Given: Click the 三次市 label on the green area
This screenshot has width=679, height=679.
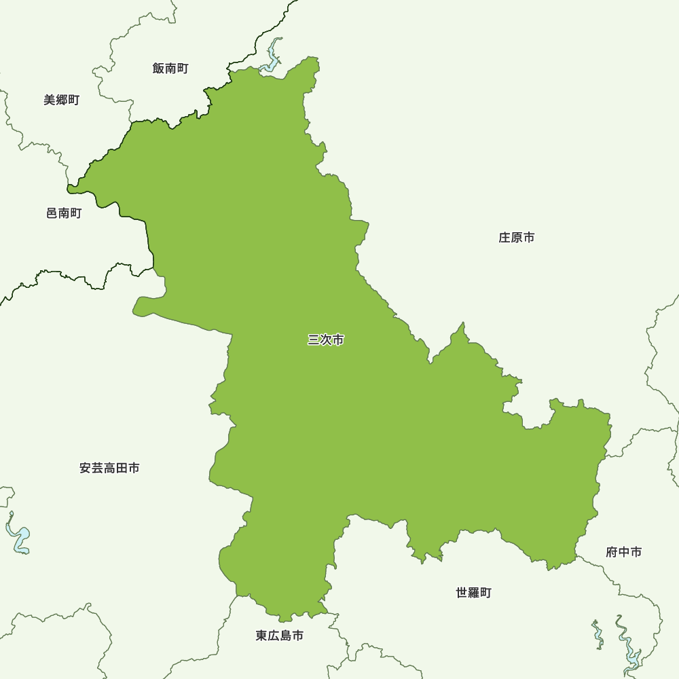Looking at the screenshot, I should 326,339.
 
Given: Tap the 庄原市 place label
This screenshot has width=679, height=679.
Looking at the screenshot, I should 517,238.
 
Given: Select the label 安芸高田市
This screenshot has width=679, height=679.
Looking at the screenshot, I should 109,468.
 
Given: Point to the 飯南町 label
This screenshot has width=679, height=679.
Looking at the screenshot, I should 170,68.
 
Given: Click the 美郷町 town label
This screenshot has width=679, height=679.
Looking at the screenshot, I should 62,100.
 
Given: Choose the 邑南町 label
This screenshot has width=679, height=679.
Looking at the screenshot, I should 64,213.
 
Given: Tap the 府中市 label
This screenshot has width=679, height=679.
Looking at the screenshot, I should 623,552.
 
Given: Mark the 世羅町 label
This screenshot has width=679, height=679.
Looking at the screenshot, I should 473,593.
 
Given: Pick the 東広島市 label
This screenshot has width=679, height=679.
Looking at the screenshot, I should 280,636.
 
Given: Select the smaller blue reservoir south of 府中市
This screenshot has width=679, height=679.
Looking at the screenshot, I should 598,635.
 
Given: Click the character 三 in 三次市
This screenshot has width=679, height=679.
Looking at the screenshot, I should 314,339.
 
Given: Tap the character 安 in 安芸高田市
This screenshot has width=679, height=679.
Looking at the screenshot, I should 86,468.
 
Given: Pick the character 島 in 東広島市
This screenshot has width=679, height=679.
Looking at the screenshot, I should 286,636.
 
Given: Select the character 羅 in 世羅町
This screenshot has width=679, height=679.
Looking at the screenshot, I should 473,593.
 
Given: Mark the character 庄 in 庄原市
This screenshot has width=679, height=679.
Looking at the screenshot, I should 504,238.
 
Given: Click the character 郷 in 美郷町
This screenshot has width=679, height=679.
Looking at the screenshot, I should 62,100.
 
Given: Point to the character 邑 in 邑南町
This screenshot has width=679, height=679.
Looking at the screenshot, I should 52,213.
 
